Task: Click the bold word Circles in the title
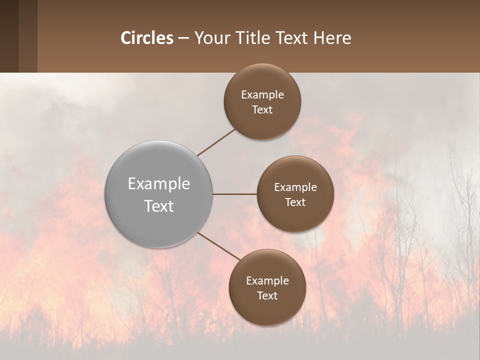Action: [x=147, y=37]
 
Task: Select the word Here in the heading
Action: [x=332, y=37]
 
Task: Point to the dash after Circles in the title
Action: [x=183, y=38]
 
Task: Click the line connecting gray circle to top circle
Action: [x=217, y=141]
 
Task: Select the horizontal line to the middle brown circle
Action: [x=235, y=194]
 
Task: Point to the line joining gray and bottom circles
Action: [x=218, y=246]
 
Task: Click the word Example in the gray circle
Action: [x=159, y=184]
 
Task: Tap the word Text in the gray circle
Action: [x=159, y=206]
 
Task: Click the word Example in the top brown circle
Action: [x=262, y=95]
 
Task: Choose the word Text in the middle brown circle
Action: [x=295, y=202]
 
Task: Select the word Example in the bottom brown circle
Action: [x=267, y=280]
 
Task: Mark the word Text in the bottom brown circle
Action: [x=267, y=295]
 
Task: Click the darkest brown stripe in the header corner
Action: [x=9, y=36]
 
